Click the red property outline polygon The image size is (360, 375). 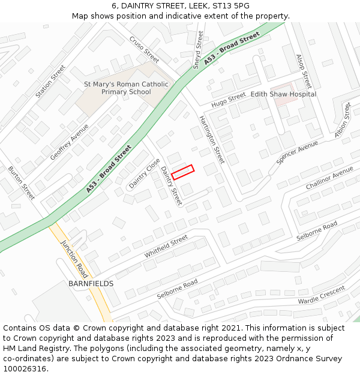pyautogui.click(x=183, y=172)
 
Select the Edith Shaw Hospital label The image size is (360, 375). pyautogui.click(x=283, y=94)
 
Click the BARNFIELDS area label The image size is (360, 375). pyautogui.click(x=91, y=283)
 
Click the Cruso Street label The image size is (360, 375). pyautogui.click(x=144, y=49)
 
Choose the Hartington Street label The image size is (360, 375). pyautogui.click(x=212, y=140)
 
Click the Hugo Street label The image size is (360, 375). pyautogui.click(x=229, y=99)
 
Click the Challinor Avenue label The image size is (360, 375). pyautogui.click(x=329, y=178)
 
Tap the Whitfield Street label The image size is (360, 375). pyautogui.click(x=166, y=247)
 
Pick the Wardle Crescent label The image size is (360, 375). pyautogui.click(x=322, y=295)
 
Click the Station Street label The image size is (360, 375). pyautogui.click(x=50, y=82)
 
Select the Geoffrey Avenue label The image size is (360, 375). pyautogui.click(x=69, y=142)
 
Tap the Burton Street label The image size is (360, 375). pyautogui.click(x=21, y=183)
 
